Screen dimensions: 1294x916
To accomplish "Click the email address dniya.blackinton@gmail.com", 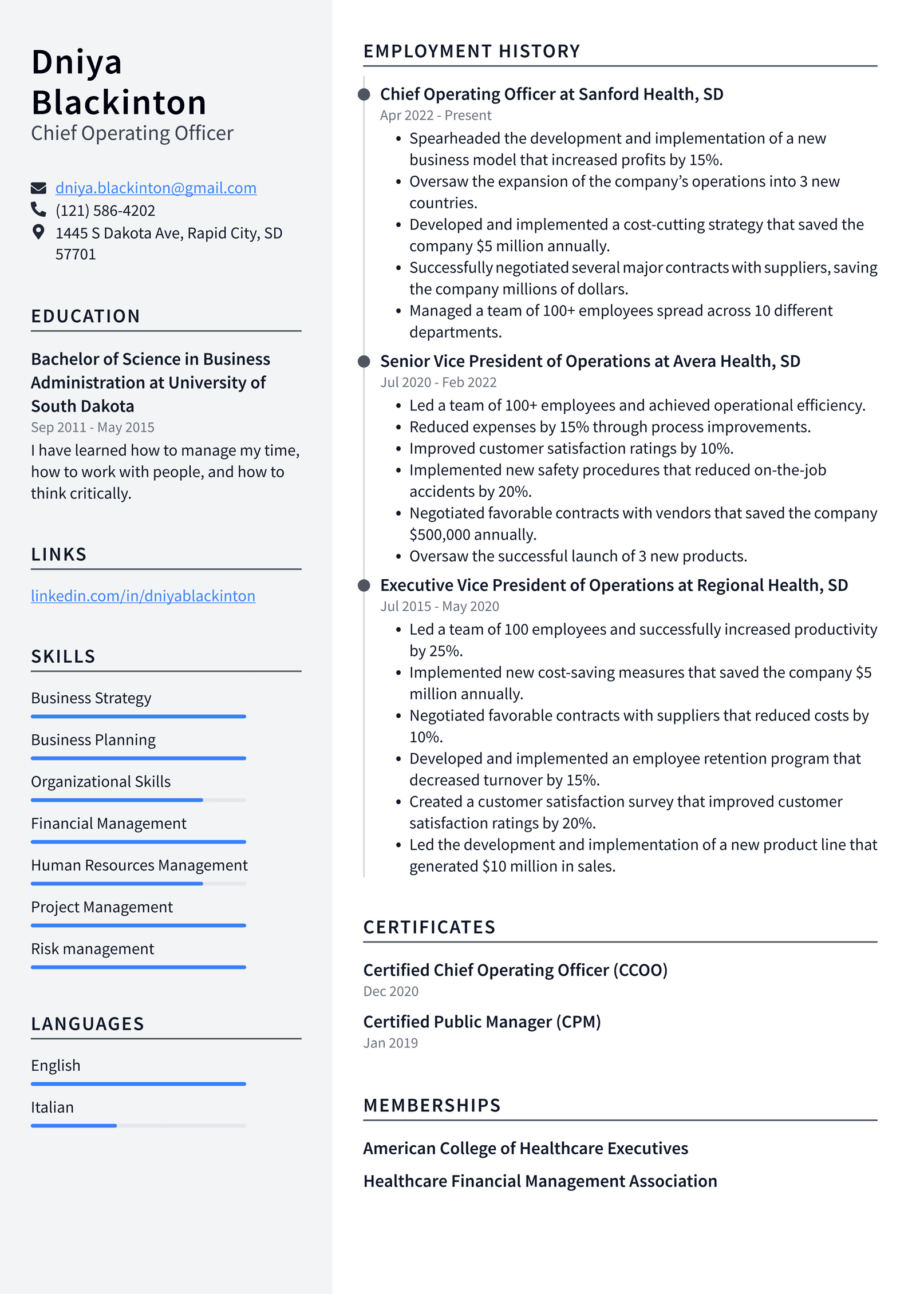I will pos(155,188).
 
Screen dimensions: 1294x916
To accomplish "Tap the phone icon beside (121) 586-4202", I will pos(38,209).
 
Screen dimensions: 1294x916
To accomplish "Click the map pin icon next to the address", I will pos(38,232).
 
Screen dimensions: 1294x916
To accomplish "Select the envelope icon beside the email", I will pos(38,188).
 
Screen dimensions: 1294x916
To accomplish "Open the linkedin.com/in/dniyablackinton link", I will pos(143,596).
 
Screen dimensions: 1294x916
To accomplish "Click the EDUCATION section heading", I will pos(85,316).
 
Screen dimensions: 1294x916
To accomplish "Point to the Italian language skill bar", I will pos(138,1125).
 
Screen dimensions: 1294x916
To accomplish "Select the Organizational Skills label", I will pos(101,781).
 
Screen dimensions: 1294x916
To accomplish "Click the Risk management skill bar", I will pos(138,967).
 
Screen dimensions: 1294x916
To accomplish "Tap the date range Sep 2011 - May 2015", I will pos(92,427).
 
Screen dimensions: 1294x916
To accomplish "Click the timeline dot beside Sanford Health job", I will pos(364,94).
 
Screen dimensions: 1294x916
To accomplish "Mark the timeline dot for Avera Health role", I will pos(364,361).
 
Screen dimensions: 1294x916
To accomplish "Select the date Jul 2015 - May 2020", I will pos(439,606).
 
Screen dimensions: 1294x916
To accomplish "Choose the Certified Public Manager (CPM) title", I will pos(481,1022).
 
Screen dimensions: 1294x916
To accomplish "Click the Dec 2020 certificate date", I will pos(390,991).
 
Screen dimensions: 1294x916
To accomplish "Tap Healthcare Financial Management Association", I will pos(539,1181).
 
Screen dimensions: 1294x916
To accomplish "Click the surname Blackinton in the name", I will pos(119,103).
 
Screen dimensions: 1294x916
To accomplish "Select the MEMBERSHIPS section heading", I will pos(432,1105).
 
